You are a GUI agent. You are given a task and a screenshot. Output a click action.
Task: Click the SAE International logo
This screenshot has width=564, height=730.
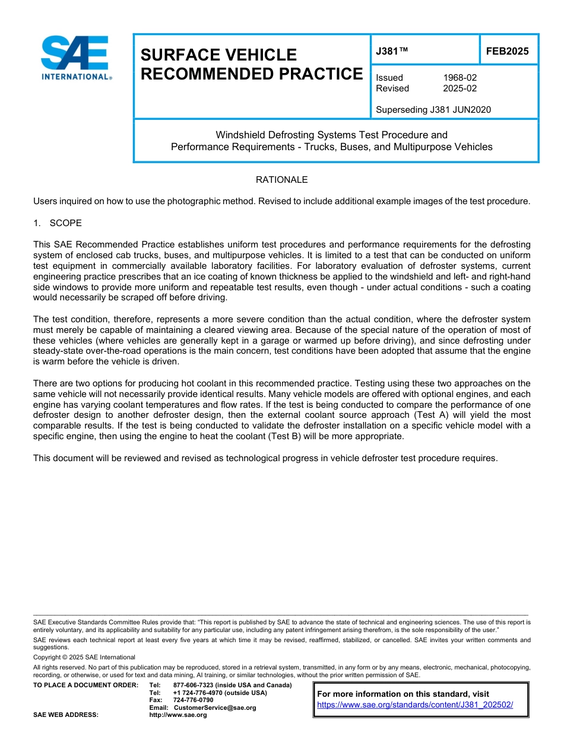tap(75, 58)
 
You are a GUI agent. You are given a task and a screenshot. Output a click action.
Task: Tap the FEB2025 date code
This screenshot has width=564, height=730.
tap(507, 51)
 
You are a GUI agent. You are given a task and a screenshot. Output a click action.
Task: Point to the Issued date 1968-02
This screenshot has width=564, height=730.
tap(460, 78)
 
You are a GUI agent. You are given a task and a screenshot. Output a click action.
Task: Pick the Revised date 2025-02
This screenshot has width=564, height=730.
tap(460, 88)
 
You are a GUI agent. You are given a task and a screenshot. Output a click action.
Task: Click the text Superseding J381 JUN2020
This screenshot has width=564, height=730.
tap(433, 109)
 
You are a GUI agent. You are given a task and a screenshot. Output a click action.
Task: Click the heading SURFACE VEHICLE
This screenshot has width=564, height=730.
tap(218, 55)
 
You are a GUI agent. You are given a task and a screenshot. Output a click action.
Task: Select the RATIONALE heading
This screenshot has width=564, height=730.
tap(281, 179)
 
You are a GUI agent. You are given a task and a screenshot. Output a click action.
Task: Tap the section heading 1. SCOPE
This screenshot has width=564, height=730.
tap(58, 223)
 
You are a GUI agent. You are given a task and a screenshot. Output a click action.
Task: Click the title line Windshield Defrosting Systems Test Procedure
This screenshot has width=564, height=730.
tap(331, 135)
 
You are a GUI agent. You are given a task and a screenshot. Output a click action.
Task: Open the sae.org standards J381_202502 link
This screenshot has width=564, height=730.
tap(415, 704)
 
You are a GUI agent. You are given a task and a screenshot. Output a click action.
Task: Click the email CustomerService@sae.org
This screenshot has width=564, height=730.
tap(214, 707)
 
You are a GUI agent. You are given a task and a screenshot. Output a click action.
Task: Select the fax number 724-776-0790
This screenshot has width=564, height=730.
tap(193, 700)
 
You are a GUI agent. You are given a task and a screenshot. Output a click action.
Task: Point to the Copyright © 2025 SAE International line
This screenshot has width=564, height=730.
tap(84, 657)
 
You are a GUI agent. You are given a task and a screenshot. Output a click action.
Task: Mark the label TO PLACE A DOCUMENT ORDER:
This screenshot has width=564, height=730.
tap(85, 685)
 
